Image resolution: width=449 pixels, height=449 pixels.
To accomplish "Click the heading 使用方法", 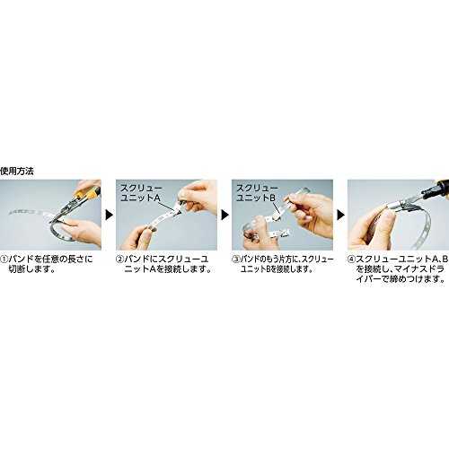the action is point(17,172).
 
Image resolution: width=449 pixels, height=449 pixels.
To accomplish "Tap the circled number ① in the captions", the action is point(4,260).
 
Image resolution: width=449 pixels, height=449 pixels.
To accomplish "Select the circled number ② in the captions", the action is point(119,260).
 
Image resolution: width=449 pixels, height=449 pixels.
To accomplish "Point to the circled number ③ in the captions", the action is point(236,260).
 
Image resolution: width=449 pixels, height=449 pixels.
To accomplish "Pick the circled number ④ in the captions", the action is point(351,260).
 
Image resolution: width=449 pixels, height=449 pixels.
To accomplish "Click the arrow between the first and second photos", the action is point(110,215).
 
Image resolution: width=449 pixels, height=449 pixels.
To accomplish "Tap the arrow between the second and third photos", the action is point(224,215).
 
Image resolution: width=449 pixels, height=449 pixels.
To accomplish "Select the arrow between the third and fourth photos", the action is point(340,215).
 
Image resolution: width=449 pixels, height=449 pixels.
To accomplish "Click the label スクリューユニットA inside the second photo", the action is point(141,193).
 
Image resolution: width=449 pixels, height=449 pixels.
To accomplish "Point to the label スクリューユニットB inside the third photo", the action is point(257,193).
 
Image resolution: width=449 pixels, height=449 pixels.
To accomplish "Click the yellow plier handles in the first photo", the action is point(87,194).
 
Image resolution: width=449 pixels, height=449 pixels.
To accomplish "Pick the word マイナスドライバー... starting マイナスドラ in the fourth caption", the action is point(401,274).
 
